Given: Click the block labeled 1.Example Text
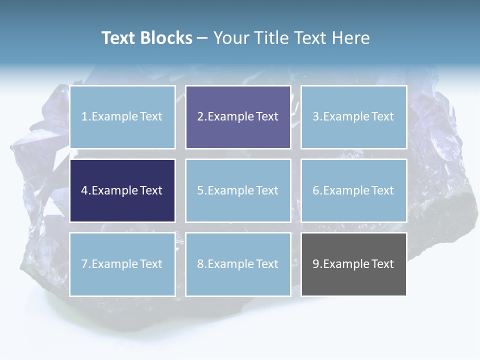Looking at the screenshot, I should tap(122, 117).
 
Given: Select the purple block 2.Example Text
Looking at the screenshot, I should tap(238, 117).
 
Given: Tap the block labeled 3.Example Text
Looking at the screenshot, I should tap(353, 117).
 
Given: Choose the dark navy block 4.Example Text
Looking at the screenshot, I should tap(122, 190).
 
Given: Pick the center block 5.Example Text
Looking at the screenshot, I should tap(238, 190).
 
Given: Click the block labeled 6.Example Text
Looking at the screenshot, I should tap(353, 190).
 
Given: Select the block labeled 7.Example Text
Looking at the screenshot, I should tap(122, 264).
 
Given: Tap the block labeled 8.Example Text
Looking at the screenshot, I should tap(238, 264).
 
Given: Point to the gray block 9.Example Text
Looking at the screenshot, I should tap(353, 264).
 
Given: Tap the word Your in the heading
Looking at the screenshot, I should tap(229, 38).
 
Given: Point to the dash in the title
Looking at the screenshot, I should tap(202, 38).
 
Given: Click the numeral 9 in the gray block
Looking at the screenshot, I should tap(316, 264).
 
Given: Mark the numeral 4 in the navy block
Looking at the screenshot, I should tap(84, 190).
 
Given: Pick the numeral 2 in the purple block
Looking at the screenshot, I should tap(200, 117).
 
